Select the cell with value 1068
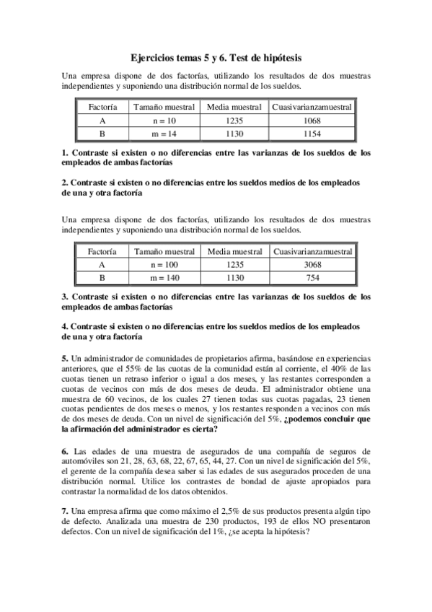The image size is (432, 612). point(312,121)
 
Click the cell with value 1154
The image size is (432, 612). point(312,134)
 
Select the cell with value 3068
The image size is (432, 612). point(312,265)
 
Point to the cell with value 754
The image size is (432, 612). point(312,277)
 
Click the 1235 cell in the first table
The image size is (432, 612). point(235,121)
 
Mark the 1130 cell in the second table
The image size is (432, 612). point(235,277)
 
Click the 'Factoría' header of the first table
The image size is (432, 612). point(102,107)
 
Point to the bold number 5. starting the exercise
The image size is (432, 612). point(66,358)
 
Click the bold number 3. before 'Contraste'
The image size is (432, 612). point(66,297)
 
